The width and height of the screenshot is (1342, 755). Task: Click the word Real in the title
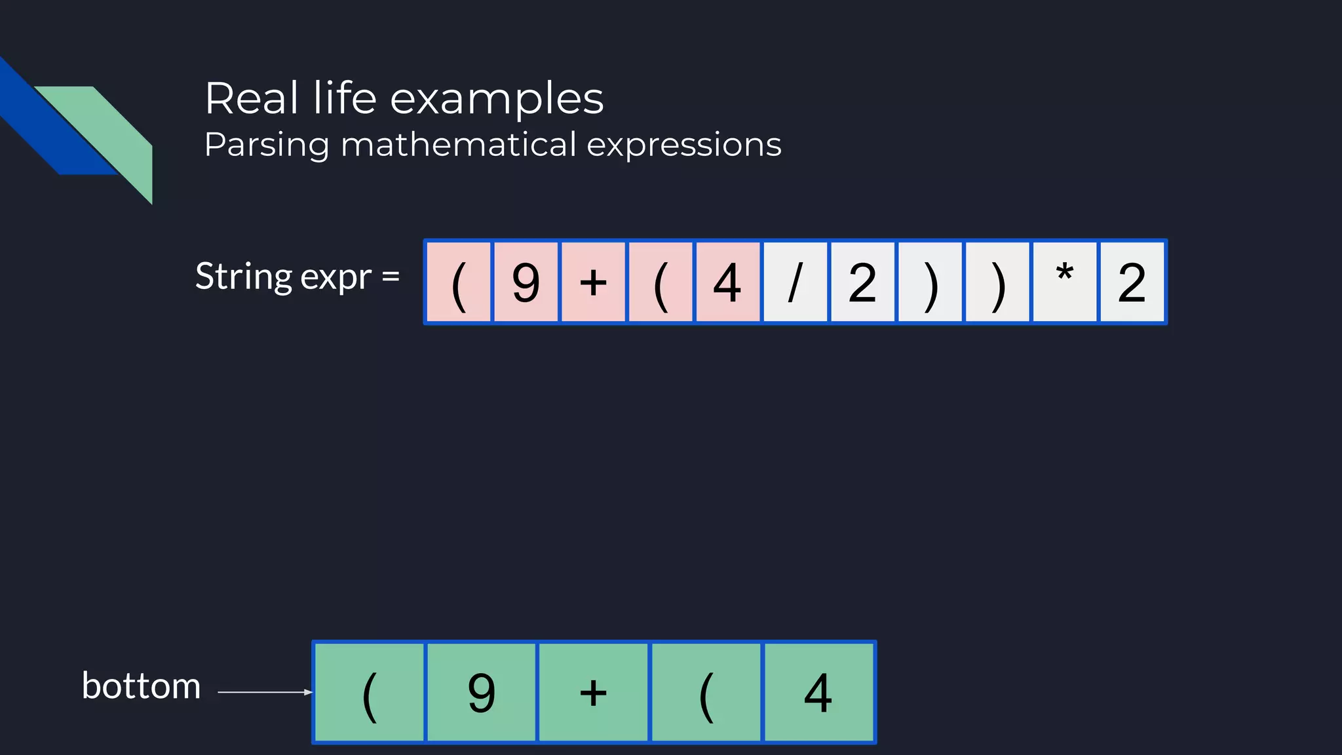[252, 99]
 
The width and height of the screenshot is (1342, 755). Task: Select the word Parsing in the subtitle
[266, 145]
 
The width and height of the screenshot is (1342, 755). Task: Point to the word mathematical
[459, 144]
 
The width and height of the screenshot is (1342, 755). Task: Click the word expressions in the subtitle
[684, 145]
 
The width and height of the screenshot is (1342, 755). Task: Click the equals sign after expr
[391, 277]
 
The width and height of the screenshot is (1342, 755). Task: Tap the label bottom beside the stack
[141, 686]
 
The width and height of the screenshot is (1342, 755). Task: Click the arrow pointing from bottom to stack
[265, 692]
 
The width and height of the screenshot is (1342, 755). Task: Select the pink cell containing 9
[526, 282]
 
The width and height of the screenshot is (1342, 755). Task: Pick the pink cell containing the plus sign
[594, 282]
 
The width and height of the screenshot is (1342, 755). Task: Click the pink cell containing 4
[727, 282]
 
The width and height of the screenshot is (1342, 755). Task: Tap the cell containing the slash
[795, 282]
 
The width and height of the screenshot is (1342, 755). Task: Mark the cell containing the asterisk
[1064, 282]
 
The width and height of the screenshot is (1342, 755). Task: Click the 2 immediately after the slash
[862, 282]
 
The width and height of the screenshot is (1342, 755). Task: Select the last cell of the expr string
[1132, 282]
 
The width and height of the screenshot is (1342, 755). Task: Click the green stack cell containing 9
[482, 693]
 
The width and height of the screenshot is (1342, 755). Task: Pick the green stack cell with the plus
[594, 693]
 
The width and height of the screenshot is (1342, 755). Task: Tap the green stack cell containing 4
[818, 693]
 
